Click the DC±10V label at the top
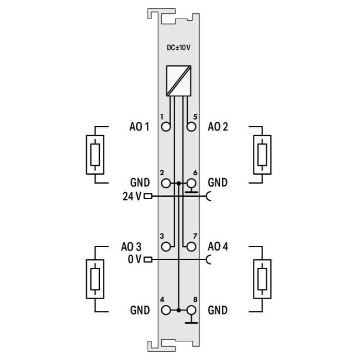point(179,48)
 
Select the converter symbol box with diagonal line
point(179,81)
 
